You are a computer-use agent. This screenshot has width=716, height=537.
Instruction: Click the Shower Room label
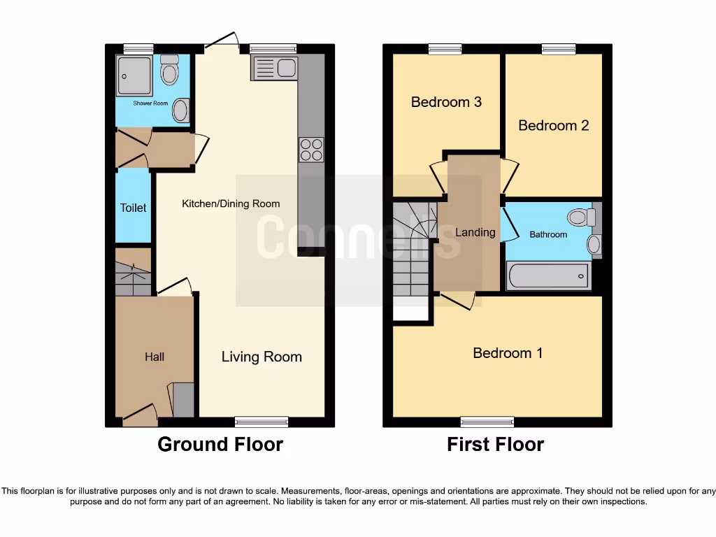(x=151, y=103)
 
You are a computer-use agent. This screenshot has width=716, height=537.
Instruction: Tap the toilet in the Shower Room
(x=169, y=71)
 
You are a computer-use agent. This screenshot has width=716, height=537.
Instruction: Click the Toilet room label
(x=134, y=208)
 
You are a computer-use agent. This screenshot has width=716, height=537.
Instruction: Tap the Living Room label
(x=262, y=357)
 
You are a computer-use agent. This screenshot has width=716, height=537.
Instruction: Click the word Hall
(x=155, y=357)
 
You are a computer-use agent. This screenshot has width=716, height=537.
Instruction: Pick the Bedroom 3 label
(x=446, y=102)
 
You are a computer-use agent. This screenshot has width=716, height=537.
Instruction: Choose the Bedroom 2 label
(x=553, y=125)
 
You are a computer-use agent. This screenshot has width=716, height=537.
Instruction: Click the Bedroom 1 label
(x=508, y=353)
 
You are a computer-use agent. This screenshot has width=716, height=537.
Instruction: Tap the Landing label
(x=475, y=232)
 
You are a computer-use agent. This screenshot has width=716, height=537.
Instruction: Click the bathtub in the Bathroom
(x=550, y=277)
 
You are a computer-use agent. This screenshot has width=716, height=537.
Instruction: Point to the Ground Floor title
(x=220, y=444)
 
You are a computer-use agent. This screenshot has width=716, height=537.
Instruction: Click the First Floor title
(x=495, y=444)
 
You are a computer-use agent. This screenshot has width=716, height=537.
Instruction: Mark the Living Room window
(x=262, y=421)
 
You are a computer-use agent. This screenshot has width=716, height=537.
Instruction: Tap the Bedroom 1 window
(x=487, y=421)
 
